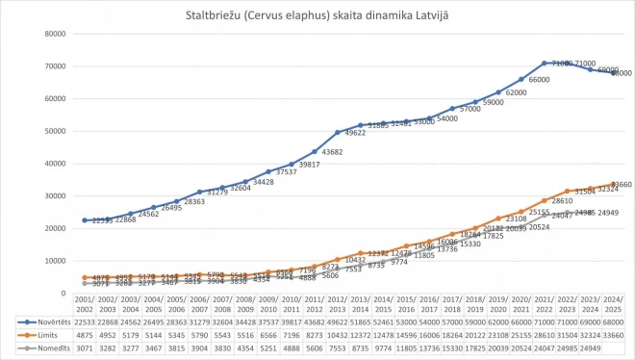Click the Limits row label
[x=38, y=334]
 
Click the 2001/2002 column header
[x=84, y=304]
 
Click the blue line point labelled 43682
[x=315, y=151]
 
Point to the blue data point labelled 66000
[x=522, y=79]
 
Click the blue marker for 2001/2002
[x=84, y=219]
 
